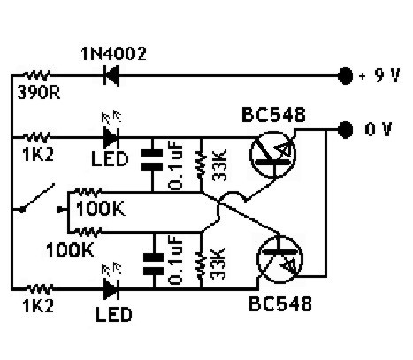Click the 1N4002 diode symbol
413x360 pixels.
(111, 75)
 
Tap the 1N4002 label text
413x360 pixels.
(113, 54)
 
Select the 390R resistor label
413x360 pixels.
(39, 92)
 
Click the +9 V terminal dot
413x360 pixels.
(345, 76)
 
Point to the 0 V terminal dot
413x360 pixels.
(345, 129)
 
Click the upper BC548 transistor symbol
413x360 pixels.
(272, 155)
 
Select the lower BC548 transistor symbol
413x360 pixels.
(280, 259)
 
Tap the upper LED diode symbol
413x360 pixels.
(111, 137)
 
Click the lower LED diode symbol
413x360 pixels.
(111, 289)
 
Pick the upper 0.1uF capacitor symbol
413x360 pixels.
(152, 159)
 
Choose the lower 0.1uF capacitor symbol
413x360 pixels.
(153, 264)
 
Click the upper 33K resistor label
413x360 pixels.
(219, 165)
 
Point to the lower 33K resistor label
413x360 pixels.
(218, 264)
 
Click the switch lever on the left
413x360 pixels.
(37, 197)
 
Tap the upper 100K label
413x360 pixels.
(100, 209)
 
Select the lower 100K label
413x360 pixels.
(70, 250)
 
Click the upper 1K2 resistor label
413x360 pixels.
(38, 154)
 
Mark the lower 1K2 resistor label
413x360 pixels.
(38, 306)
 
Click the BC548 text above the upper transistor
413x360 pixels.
(273, 115)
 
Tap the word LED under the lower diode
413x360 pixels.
(114, 315)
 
